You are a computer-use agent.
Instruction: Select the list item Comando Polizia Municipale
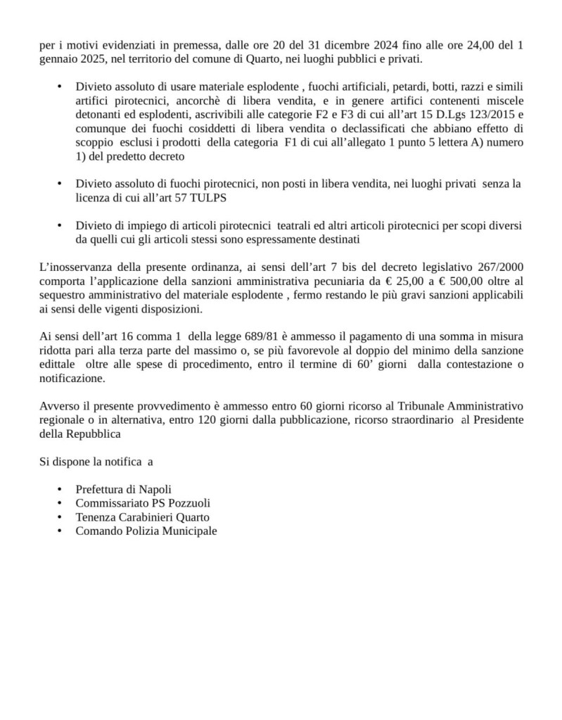146,531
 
